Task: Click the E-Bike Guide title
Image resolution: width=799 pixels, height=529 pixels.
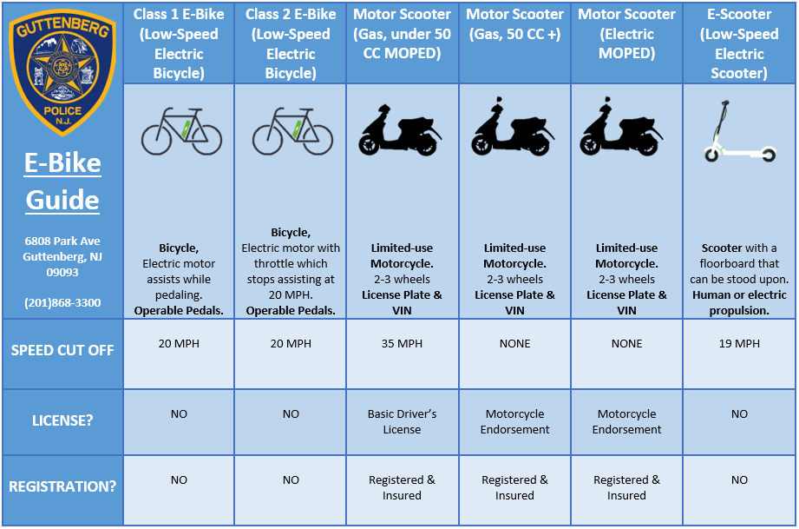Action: point(62,182)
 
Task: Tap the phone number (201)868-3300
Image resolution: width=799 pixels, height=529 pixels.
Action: point(62,302)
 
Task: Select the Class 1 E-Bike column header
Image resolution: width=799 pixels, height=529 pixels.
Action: point(179,43)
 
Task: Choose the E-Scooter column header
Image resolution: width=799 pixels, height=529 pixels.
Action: point(739,43)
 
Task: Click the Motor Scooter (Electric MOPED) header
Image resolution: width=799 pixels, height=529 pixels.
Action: point(626,34)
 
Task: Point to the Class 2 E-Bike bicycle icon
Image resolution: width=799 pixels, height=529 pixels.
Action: point(291,131)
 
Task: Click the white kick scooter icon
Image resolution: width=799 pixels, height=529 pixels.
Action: point(739,131)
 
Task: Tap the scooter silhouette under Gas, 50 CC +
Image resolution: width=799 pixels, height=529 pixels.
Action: point(514,129)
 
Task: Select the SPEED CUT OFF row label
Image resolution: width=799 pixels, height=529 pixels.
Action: point(62,351)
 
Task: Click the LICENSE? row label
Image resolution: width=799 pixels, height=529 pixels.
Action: point(62,421)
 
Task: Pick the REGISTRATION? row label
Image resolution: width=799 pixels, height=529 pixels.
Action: point(62,486)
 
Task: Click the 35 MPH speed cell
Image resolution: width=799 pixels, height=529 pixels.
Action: point(403,344)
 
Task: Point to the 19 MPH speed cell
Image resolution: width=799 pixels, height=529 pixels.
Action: point(739,344)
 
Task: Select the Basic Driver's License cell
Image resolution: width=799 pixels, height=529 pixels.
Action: point(403,421)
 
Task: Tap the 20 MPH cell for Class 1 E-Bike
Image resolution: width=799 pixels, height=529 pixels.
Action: point(179,344)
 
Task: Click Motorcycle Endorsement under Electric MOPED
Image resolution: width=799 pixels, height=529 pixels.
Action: point(626,421)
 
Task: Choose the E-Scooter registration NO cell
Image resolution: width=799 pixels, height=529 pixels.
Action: point(739,479)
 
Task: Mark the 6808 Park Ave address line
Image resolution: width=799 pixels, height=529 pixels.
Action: point(62,241)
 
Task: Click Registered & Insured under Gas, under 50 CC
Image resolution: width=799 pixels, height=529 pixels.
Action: point(403,487)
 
